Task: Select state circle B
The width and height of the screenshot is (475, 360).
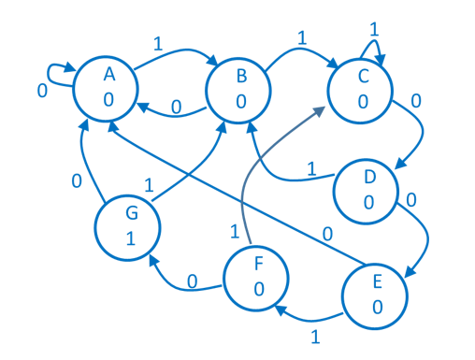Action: coord(239,89)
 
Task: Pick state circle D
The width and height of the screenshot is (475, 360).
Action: coord(367,190)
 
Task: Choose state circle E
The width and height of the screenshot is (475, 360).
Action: coord(375,295)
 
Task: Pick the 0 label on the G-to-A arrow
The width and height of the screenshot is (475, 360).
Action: coord(78,180)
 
